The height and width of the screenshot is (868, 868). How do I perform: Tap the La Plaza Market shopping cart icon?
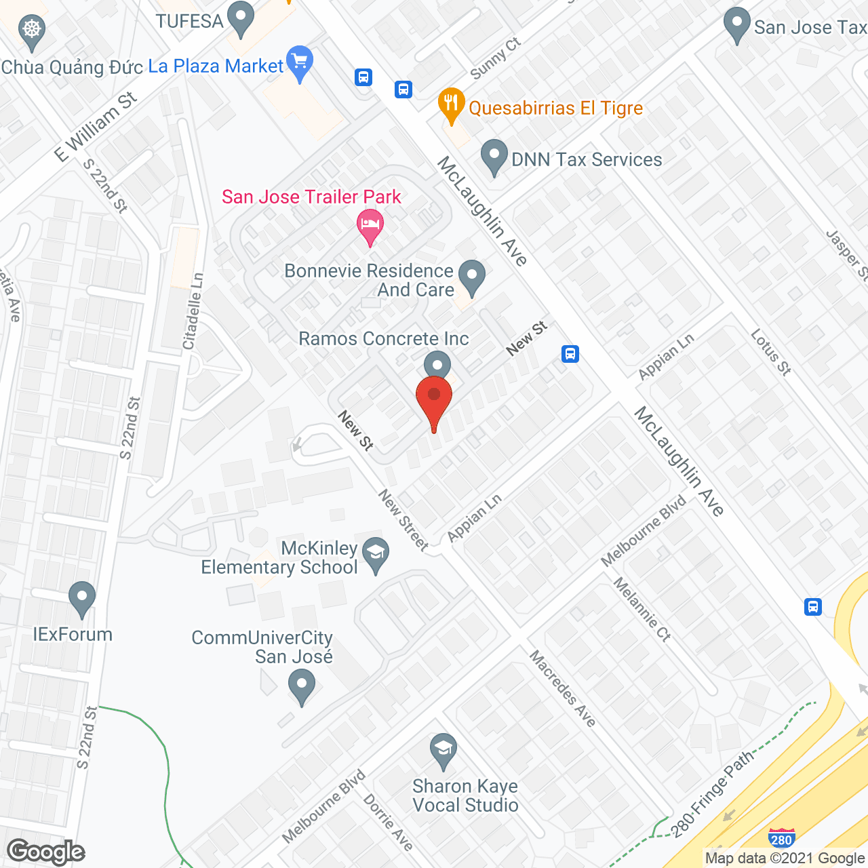[300, 63]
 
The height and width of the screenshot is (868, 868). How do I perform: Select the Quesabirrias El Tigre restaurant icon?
[451, 105]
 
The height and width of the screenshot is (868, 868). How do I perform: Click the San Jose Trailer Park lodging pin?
[370, 225]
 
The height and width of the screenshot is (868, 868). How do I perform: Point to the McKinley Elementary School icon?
[376, 554]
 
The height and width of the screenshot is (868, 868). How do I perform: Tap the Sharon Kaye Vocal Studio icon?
[443, 751]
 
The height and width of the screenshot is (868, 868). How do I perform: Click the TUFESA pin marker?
[240, 18]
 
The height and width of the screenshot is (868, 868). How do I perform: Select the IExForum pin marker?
[82, 598]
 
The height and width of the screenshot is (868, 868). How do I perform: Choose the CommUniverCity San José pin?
[302, 686]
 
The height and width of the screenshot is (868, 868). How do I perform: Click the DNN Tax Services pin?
[494, 157]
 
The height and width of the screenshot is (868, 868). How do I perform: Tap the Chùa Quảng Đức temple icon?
[31, 31]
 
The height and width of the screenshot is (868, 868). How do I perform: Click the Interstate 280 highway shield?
[781, 838]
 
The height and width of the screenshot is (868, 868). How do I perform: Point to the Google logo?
[46, 852]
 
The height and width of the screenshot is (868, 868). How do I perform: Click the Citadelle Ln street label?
[193, 312]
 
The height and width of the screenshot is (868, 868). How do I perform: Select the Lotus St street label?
[771, 352]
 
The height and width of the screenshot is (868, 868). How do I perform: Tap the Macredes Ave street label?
[562, 688]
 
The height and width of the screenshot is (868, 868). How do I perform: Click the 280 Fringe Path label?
[712, 793]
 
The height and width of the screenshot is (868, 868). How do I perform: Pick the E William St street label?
[96, 127]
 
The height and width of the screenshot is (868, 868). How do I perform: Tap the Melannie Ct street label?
[642, 609]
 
